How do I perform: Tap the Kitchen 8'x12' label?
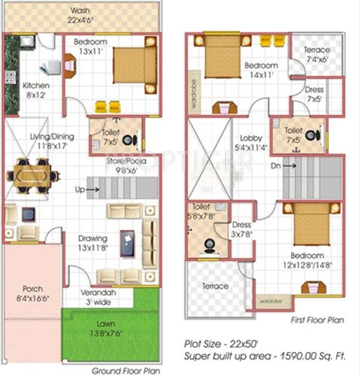[35, 90]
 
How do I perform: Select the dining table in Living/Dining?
[33, 178]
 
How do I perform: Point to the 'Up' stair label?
[79, 190]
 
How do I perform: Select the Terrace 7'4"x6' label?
[316, 55]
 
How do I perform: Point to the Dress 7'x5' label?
[314, 95]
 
